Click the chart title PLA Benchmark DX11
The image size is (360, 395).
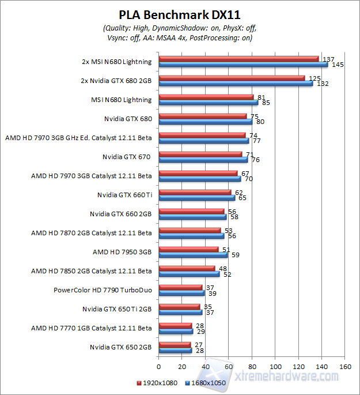(180, 14)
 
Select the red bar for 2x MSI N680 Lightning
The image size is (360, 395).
(238, 58)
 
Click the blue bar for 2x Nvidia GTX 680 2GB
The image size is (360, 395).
(235, 83)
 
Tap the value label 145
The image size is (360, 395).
(338, 65)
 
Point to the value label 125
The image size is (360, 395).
(314, 78)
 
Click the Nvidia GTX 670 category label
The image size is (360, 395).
(127, 156)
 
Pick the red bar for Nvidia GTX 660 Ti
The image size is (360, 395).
(194, 192)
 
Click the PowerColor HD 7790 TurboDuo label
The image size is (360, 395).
(103, 289)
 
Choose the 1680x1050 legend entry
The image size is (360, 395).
(205, 382)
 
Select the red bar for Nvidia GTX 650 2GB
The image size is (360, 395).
(174, 344)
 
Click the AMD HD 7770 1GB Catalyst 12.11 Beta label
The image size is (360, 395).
(91, 328)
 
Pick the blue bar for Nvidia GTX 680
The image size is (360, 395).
(205, 122)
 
